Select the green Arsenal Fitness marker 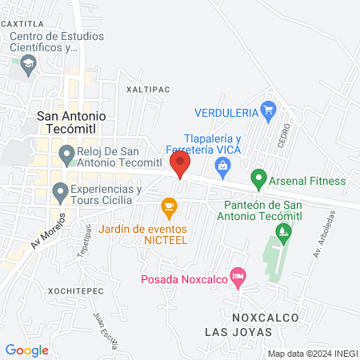258,177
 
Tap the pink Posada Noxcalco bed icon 237,277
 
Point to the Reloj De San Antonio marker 66,153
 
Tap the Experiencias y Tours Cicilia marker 59,191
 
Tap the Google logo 26,350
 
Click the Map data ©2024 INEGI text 311,353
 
